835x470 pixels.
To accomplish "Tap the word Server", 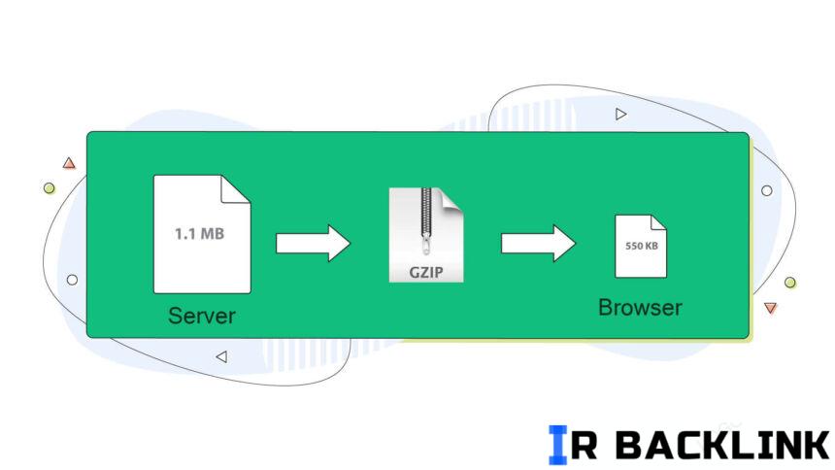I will pos(202,316).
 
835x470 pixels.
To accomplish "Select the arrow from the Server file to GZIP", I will pos(313,243).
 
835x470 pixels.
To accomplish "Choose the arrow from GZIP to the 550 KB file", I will pos(538,243).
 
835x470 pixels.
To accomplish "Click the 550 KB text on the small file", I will pos(640,247).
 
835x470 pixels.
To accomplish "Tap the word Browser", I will pos(640,308).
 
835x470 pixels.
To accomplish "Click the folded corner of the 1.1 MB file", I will pos(237,188).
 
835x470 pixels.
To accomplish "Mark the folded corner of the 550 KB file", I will pos(658,222).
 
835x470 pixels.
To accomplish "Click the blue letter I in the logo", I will pos(557,444).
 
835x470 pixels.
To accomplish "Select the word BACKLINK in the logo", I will pos(723,445).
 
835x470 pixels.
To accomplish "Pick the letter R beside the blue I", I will pos(588,445).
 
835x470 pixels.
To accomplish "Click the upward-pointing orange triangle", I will pos(69,164).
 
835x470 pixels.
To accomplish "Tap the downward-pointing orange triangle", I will pos(770,308).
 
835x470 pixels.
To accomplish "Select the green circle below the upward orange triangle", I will pos(49,187).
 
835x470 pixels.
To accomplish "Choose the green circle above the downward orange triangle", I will pos(790,283).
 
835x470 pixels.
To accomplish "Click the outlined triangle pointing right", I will pos(620,115).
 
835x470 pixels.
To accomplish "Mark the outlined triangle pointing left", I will pos(220,356).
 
